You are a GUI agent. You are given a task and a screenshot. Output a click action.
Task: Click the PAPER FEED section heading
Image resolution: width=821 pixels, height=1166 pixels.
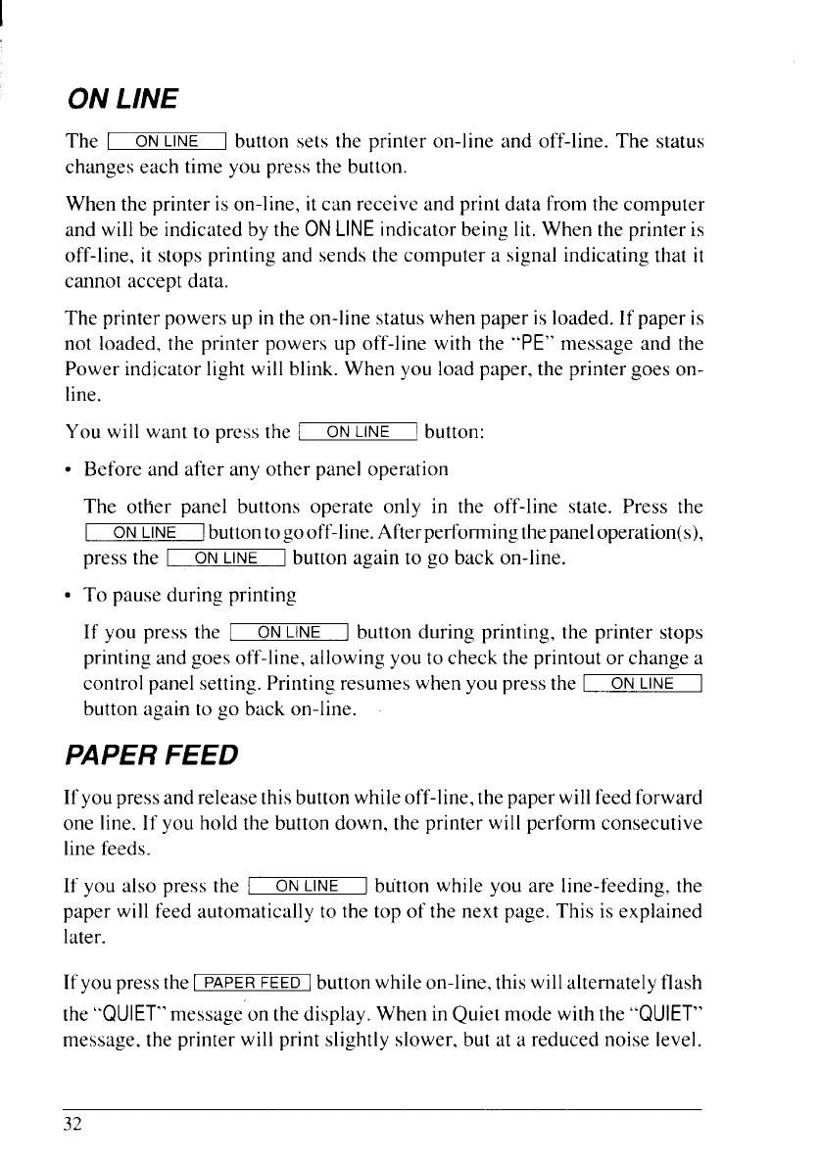151,755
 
